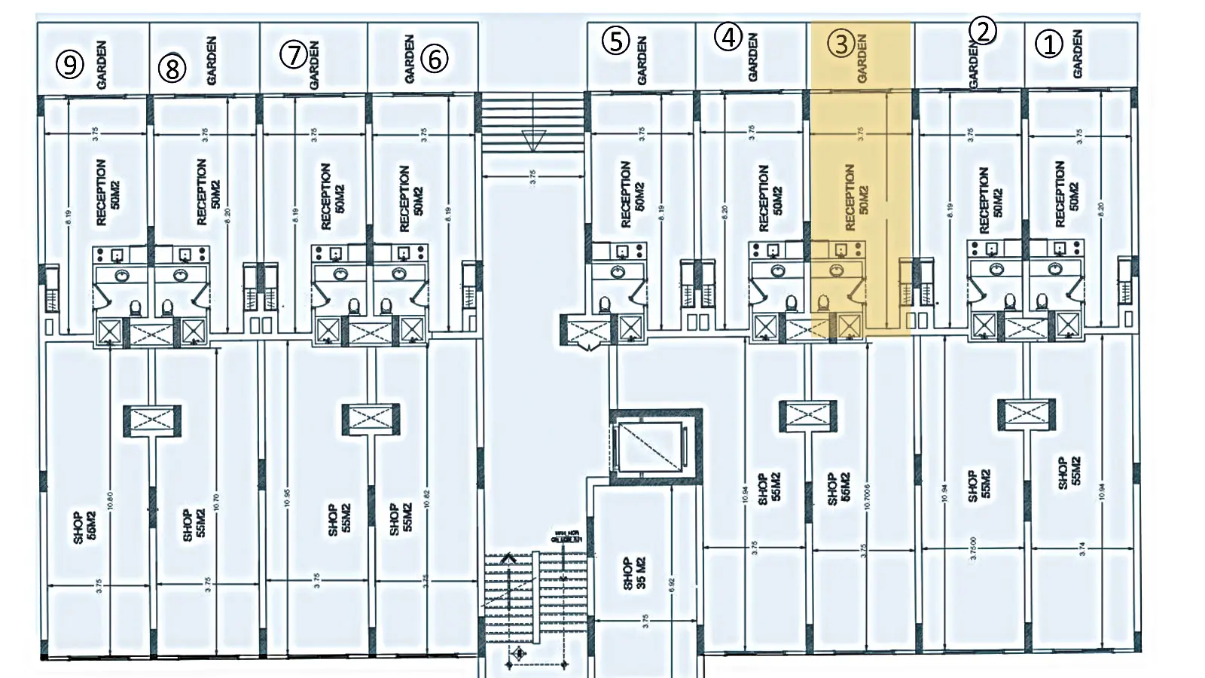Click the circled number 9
[69, 64]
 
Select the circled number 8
[172, 69]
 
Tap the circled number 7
[294, 54]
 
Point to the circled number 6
[435, 58]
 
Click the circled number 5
[615, 41]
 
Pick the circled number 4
[728, 37]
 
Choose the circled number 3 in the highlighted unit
[840, 44]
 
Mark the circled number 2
[983, 31]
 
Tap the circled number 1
[1048, 44]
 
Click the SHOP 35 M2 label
[634, 573]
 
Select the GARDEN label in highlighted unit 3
[862, 59]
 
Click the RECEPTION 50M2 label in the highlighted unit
[856, 197]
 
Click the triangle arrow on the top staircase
[533, 140]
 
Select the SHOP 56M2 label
[838, 488]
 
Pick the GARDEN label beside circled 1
[1077, 54]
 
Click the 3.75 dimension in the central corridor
[532, 177]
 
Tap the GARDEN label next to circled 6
[410, 59]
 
